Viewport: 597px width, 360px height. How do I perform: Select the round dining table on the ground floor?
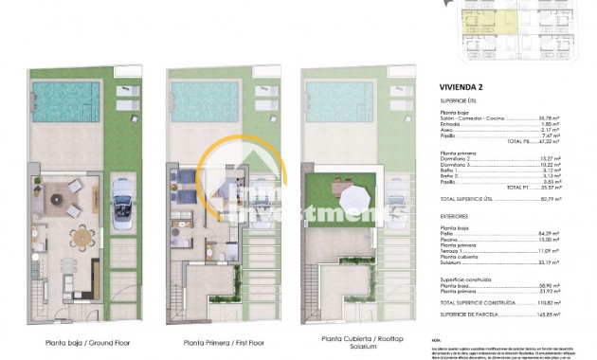(85, 233)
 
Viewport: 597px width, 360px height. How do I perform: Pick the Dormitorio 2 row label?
(462, 158)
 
